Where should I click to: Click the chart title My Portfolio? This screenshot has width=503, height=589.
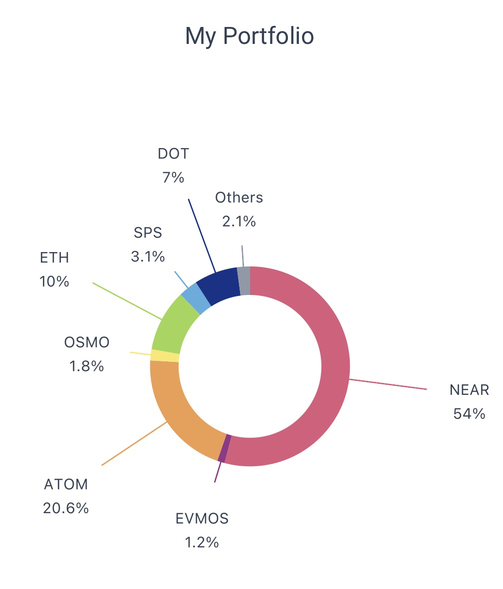tap(249, 36)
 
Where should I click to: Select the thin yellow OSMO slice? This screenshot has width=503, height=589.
tap(165, 355)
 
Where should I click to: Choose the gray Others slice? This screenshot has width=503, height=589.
tap(244, 281)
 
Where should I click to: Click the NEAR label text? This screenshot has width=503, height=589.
tap(469, 390)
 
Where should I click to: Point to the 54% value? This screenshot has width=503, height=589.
tap(469, 414)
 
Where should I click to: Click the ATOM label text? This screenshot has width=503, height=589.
tap(66, 484)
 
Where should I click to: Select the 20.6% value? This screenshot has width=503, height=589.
tap(66, 508)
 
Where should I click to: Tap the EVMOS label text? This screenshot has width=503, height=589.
tap(202, 519)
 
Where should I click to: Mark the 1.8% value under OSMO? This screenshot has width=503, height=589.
tap(87, 366)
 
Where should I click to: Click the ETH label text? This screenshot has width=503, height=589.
tap(54, 258)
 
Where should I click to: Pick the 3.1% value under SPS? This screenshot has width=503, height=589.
tap(148, 257)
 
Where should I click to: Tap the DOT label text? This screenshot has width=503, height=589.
tap(174, 154)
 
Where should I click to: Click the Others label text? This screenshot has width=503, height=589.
tap(239, 198)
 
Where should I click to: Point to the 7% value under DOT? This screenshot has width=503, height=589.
tap(173, 177)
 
